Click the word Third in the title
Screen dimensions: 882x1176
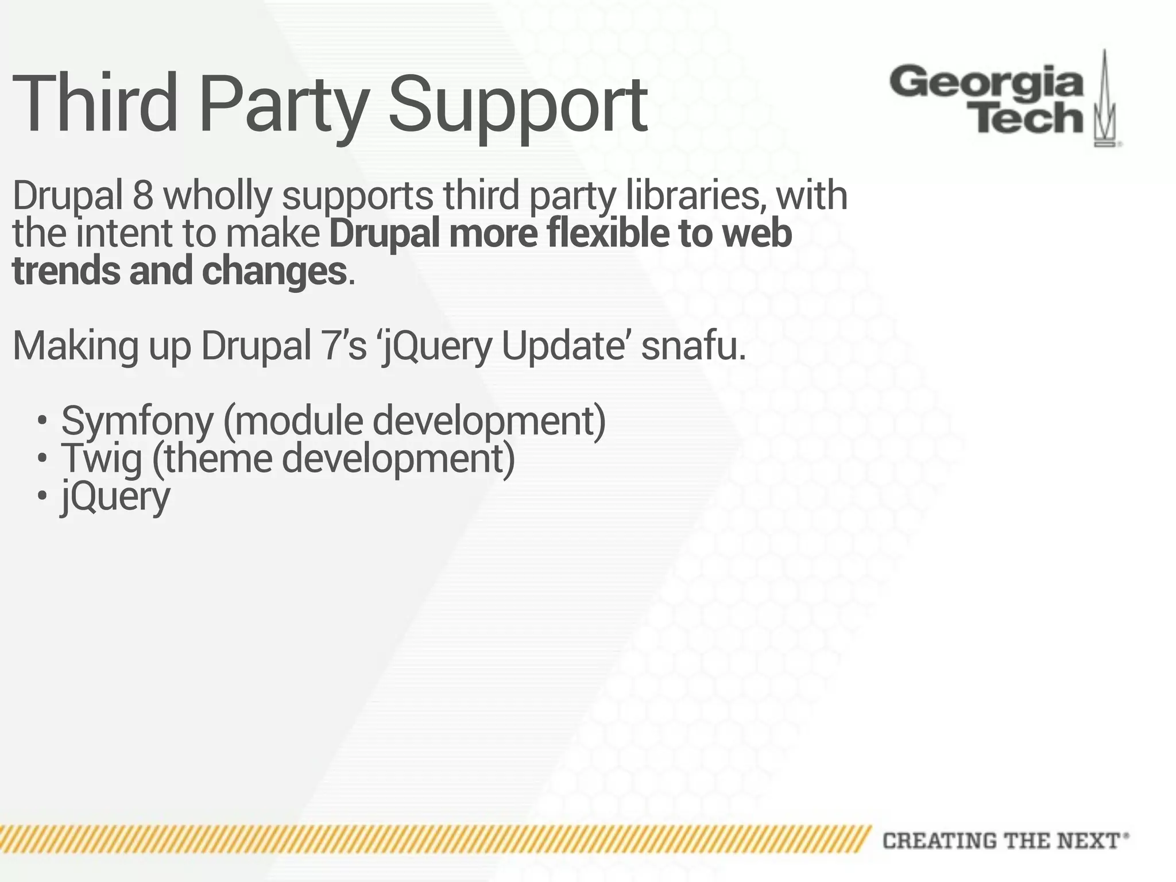pyautogui.click(x=95, y=103)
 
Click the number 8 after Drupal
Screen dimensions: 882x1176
pyautogui.click(x=143, y=196)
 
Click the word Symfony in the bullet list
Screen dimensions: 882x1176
pyautogui.click(x=137, y=421)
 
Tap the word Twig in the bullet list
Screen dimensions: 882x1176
pyautogui.click(x=102, y=459)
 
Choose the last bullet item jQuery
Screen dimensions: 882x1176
pyautogui.click(x=115, y=497)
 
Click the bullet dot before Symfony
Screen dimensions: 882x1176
pyautogui.click(x=41, y=421)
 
